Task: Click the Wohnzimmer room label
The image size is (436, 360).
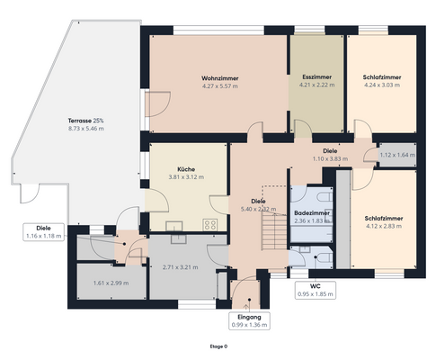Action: click(218, 78)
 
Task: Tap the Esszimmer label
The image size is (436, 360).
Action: click(316, 78)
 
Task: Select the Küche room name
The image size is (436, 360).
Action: click(186, 169)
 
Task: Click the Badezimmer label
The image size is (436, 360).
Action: click(312, 212)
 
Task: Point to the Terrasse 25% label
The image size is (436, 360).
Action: click(85, 121)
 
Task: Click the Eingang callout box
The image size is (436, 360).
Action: click(249, 321)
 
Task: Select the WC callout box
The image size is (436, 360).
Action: click(316, 290)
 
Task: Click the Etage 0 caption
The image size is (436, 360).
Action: click(218, 346)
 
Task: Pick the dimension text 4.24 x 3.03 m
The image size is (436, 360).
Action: click(382, 86)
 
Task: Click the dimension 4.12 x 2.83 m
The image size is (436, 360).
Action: click(384, 227)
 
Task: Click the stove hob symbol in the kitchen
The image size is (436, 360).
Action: click(211, 224)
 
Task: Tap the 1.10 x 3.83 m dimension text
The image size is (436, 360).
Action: click(330, 159)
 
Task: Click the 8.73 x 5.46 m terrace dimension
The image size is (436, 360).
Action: click(85, 129)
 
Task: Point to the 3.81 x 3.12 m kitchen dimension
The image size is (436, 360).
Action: click(186, 177)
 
